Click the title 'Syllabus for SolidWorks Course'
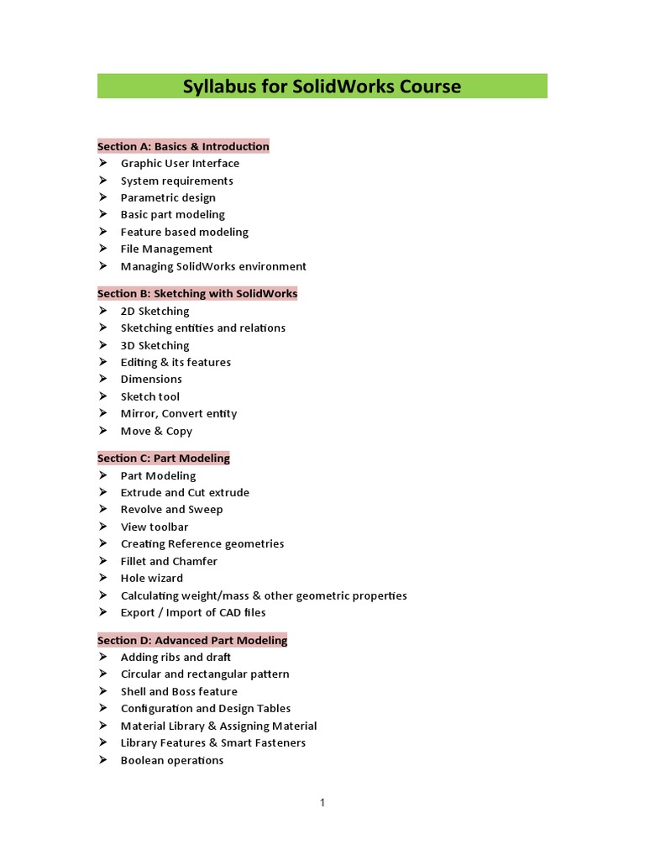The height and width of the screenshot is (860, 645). [322, 87]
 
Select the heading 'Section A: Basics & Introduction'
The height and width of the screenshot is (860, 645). [183, 146]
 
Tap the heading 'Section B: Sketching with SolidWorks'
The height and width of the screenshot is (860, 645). [197, 293]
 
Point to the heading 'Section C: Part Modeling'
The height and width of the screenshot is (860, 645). [163, 458]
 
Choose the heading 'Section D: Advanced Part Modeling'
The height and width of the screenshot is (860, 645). [192, 640]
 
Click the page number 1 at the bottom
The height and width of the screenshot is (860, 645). [322, 803]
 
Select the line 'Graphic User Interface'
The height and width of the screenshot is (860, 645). [180, 163]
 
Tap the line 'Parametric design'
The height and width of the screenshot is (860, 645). [168, 197]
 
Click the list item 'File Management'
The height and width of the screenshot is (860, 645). [166, 249]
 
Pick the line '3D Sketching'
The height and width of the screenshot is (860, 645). [155, 345]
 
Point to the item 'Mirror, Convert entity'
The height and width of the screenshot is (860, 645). [179, 413]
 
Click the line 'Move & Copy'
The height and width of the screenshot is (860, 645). [156, 431]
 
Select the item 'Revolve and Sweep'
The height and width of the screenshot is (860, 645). [171, 509]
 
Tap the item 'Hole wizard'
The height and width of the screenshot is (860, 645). [151, 578]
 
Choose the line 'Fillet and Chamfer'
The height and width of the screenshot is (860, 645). [169, 561]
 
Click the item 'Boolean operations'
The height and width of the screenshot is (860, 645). [172, 760]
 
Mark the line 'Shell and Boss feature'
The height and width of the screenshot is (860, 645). [179, 691]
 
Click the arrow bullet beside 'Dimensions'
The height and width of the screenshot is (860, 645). [102, 379]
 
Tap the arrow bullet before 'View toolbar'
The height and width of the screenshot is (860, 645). [102, 527]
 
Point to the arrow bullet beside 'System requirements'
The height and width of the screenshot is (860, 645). [102, 181]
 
